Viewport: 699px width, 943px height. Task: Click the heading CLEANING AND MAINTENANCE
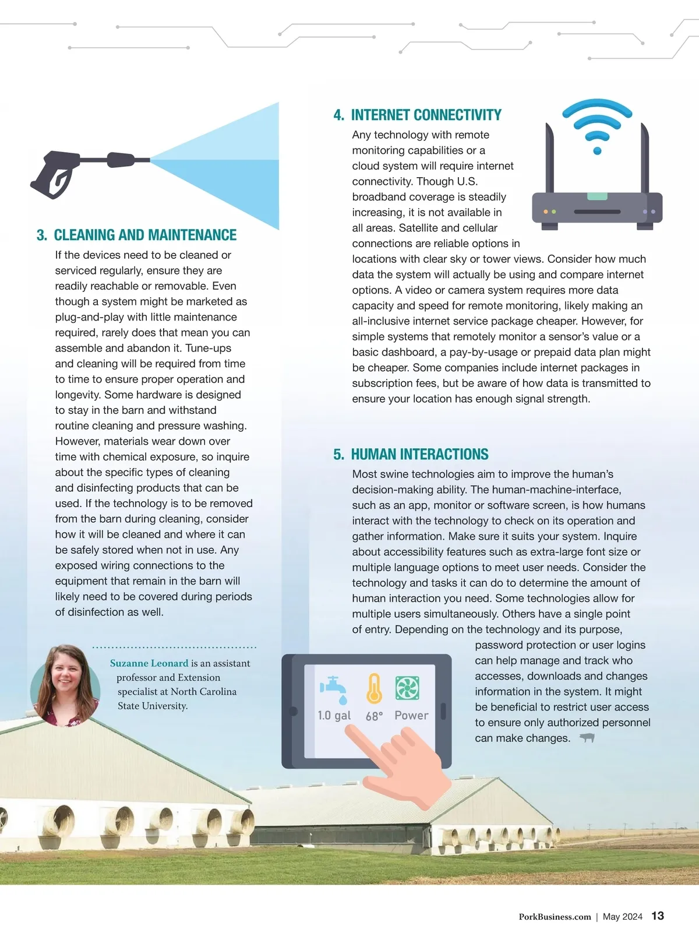(145, 235)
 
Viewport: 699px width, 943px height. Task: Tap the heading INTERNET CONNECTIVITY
(426, 115)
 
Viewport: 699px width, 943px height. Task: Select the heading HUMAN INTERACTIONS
(419, 454)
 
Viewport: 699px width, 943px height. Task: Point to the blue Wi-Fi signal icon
(597, 125)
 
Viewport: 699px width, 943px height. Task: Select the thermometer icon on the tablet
(374, 688)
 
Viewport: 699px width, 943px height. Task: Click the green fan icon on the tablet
(407, 688)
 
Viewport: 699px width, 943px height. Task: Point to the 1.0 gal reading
(334, 716)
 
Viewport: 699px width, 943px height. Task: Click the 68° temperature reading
(374, 716)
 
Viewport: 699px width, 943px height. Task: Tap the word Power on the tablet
(411, 716)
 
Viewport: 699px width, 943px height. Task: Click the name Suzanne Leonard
(149, 663)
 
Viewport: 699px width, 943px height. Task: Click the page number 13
(658, 916)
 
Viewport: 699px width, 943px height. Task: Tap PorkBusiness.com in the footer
(555, 917)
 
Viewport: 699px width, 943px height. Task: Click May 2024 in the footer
(622, 917)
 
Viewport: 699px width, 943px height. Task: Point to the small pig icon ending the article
(587, 738)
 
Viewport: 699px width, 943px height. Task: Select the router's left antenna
(549, 158)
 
